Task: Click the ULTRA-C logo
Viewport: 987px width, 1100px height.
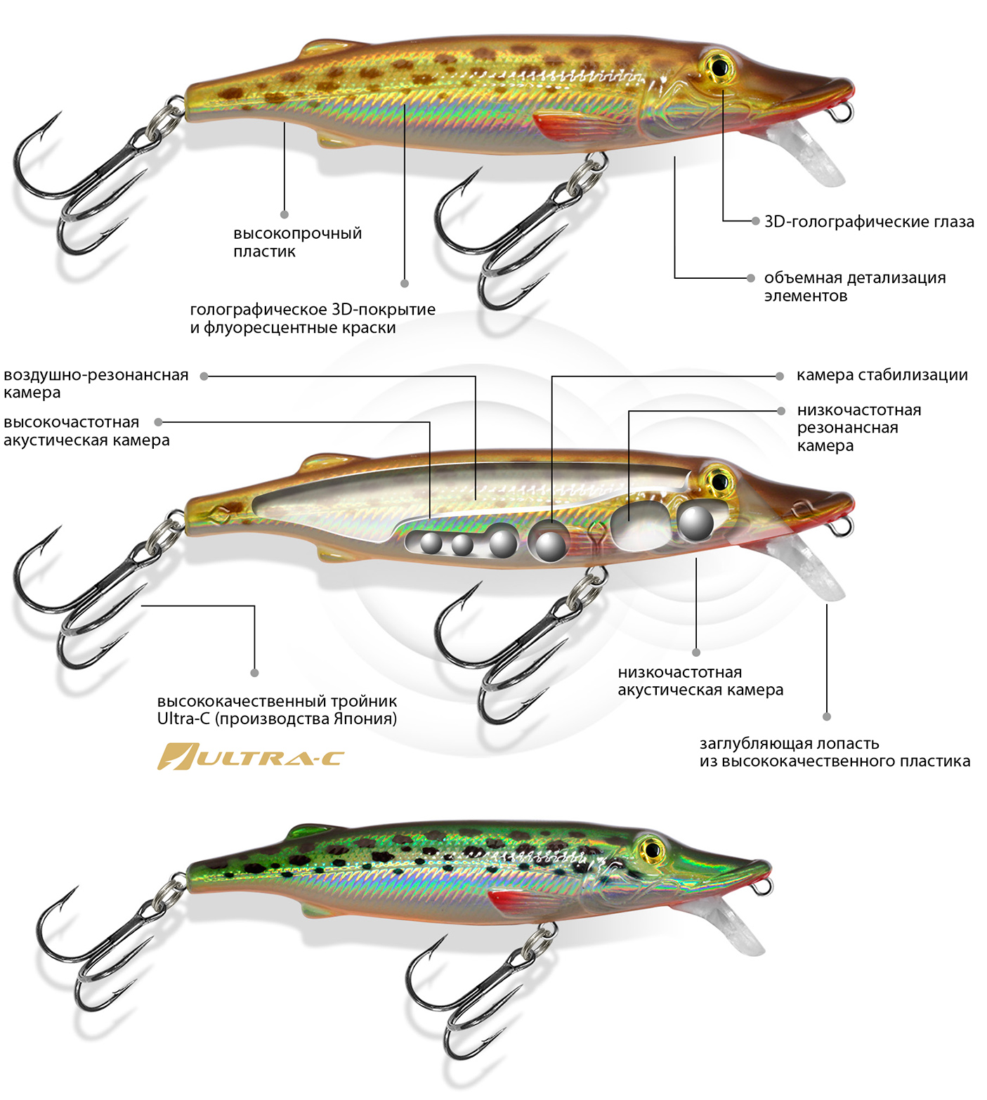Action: [250, 757]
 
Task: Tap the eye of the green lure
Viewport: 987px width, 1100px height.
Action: [651, 849]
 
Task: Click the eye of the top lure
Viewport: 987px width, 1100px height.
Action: [719, 67]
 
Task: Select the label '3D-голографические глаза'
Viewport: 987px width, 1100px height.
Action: [869, 222]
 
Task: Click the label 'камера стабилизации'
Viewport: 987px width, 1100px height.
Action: [882, 375]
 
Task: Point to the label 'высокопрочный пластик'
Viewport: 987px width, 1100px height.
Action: [297, 242]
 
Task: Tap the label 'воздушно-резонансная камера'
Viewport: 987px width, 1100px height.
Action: [96, 384]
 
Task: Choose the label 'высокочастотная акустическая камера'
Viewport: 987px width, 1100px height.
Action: [86, 431]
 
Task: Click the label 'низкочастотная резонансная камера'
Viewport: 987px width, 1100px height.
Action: [858, 428]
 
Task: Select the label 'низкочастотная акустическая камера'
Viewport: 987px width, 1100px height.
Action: [700, 681]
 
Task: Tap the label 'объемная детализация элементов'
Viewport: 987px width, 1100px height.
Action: [854, 287]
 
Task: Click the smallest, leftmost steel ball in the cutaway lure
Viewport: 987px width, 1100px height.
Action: [431, 542]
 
